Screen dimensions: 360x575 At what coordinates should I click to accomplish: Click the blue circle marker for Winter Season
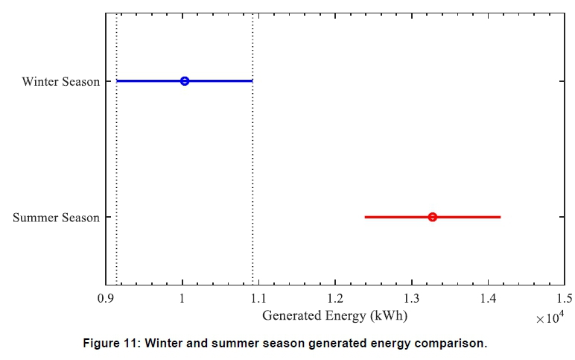point(185,80)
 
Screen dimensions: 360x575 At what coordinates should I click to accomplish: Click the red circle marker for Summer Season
point(432,217)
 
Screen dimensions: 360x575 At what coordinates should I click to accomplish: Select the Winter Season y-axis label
point(60,81)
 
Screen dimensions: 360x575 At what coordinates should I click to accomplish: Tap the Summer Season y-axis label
point(56,218)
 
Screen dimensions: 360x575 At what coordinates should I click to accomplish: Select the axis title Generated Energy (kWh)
point(335,315)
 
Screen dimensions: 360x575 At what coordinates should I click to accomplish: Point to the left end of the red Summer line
point(366,217)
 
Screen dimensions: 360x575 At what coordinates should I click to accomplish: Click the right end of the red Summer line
point(499,217)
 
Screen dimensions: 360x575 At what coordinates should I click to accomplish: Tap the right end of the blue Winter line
point(252,80)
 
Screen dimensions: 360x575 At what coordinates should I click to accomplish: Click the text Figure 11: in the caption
point(112,344)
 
